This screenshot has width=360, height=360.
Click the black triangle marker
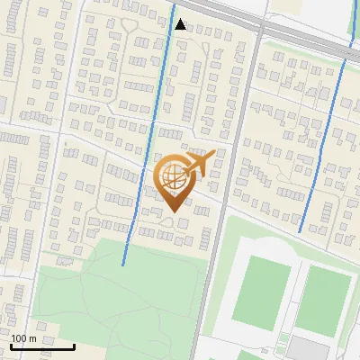click(x=180, y=24)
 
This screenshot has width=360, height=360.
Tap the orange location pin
click(x=176, y=180)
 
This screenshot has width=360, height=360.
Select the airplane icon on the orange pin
click(x=201, y=163)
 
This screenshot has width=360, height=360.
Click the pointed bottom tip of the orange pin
click(x=173, y=211)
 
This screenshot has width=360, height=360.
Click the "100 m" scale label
click(x=24, y=338)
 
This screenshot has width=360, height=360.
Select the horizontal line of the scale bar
click(x=42, y=347)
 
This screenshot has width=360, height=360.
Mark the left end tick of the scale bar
click(x=11, y=346)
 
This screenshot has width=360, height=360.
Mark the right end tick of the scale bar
click(x=75, y=346)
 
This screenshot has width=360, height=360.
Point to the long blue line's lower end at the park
click(x=123, y=265)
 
